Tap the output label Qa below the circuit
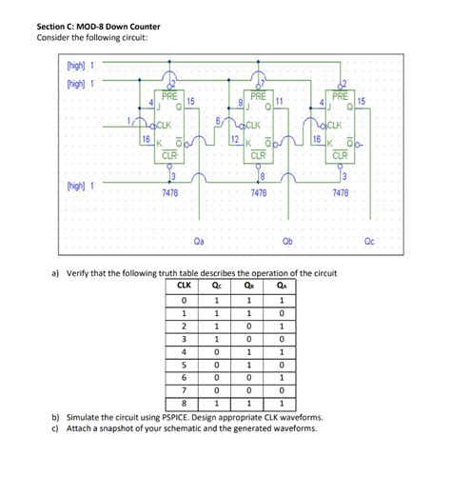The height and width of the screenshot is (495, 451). (x=199, y=241)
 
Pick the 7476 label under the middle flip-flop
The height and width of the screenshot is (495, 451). (x=258, y=192)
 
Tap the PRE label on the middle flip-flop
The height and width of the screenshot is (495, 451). (x=258, y=96)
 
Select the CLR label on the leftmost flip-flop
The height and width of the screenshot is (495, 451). (x=169, y=154)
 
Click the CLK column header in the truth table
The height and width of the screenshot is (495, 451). (x=184, y=285)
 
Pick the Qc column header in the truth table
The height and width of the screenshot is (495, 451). (x=218, y=285)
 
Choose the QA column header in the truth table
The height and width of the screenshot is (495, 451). (x=282, y=285)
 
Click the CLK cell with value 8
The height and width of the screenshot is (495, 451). (x=184, y=404)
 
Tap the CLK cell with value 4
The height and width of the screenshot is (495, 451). (x=184, y=351)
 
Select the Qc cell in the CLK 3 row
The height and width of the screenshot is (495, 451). (x=218, y=338)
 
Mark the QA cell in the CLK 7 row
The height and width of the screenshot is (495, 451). (x=282, y=390)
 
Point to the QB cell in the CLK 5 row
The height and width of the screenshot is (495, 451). (x=249, y=365)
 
